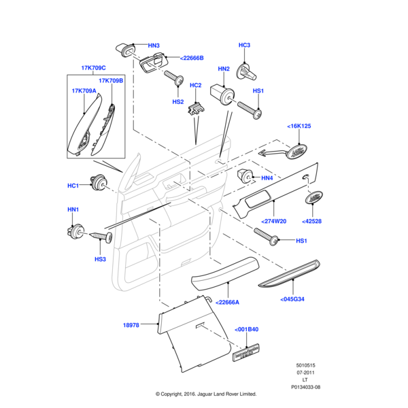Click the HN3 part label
pos(154,46)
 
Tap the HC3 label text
pos(245,45)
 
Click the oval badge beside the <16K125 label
pos(296,151)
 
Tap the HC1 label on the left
pos(73,186)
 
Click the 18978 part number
pos(131,326)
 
